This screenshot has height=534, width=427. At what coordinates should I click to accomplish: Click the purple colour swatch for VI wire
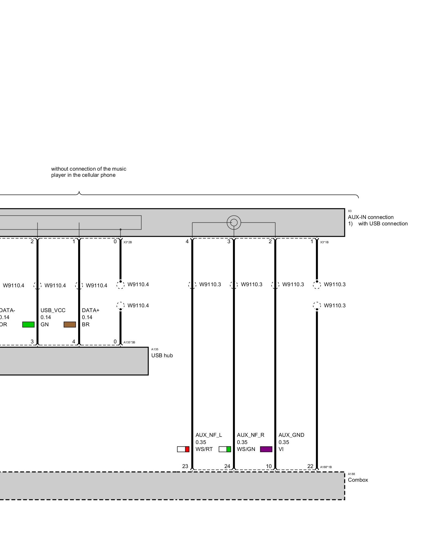(266, 449)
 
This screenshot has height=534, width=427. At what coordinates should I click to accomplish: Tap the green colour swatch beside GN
(28, 324)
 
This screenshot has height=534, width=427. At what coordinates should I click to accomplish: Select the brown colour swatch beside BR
(70, 324)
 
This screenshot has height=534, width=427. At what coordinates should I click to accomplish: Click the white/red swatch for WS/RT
(183, 449)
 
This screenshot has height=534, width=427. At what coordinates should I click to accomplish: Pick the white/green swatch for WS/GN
(225, 449)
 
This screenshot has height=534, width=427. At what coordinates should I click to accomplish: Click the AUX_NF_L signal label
(209, 435)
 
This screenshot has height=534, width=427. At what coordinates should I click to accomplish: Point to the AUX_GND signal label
(291, 435)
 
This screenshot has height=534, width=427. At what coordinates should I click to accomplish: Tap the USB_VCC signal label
(53, 310)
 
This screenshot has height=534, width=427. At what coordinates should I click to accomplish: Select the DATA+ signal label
(90, 310)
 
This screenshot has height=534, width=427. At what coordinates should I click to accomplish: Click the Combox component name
(358, 480)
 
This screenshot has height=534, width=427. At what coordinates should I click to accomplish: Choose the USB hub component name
(162, 355)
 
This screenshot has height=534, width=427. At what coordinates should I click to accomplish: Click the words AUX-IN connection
(371, 217)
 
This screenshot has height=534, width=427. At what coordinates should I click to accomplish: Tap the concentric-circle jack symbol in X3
(234, 222)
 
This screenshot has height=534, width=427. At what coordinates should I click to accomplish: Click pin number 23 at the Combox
(185, 466)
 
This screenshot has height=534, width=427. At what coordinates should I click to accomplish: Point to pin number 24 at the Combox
(227, 466)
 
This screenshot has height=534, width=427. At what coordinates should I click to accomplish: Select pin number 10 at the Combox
(269, 466)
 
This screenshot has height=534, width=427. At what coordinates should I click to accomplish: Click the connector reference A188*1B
(326, 467)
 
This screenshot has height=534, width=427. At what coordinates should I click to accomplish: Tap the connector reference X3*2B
(128, 242)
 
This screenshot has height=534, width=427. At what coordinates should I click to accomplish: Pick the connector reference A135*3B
(129, 342)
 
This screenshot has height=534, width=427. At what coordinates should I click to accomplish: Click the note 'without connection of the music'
(89, 169)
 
